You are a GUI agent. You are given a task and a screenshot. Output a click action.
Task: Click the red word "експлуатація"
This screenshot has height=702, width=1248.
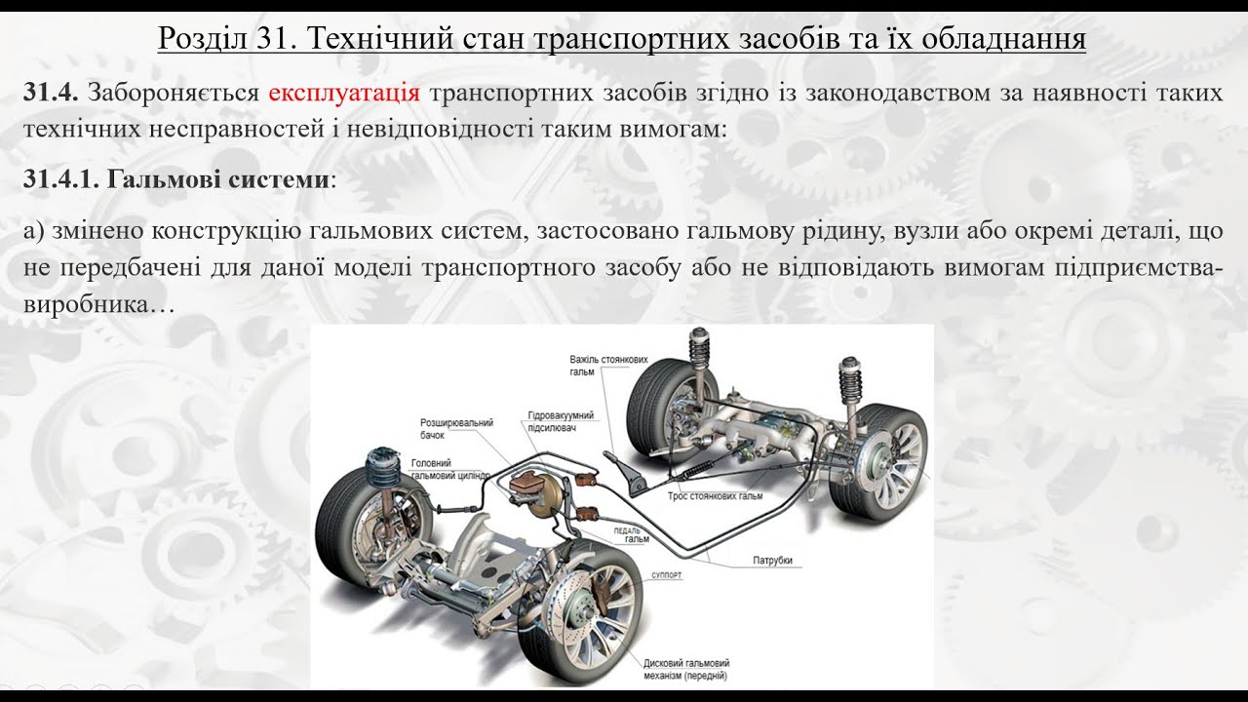pyautogui.click(x=344, y=94)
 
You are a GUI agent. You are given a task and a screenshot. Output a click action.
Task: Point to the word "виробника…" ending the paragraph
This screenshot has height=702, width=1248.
pyautogui.click(x=97, y=304)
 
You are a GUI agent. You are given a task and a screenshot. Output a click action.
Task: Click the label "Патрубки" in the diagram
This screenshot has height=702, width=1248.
pyautogui.click(x=771, y=560)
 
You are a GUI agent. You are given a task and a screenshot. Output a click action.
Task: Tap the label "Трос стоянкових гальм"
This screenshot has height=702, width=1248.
pyautogui.click(x=715, y=495)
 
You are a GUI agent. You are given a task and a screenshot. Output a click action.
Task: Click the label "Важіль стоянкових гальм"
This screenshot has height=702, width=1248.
pyautogui.click(x=609, y=366)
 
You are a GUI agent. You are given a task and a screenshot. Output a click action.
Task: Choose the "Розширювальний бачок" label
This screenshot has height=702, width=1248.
pyautogui.click(x=455, y=428)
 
